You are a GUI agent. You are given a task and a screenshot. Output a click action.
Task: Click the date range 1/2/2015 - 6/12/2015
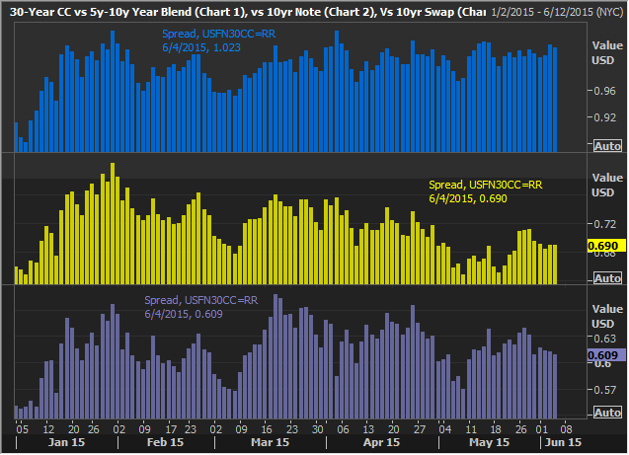point(541,11)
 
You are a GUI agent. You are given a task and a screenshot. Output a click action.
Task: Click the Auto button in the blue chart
point(607,146)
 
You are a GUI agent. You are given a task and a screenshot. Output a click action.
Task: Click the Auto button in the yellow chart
point(607,279)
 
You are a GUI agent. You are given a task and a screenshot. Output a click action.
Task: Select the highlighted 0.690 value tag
point(602,245)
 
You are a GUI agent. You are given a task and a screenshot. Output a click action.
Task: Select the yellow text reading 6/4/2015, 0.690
point(460,197)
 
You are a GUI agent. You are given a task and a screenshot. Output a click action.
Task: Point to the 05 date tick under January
point(21,429)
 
